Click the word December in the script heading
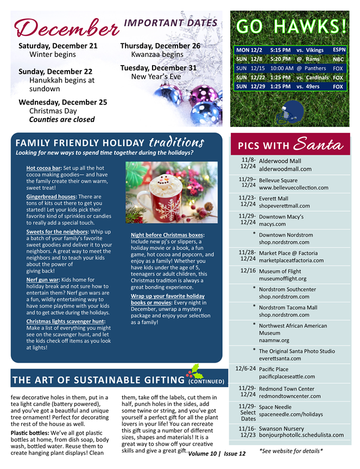[x=66, y=26]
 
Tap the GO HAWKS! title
[x=291, y=26]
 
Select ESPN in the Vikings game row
[x=338, y=50]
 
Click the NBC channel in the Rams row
[x=338, y=59]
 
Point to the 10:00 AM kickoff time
[x=281, y=68]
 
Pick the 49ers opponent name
[x=317, y=86]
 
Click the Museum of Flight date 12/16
[x=248, y=270]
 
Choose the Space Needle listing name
[x=275, y=407]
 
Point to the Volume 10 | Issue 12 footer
[x=217, y=453]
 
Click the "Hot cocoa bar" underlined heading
[x=44, y=168]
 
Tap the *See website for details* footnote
[x=291, y=451]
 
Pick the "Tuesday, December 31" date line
[x=158, y=68]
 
